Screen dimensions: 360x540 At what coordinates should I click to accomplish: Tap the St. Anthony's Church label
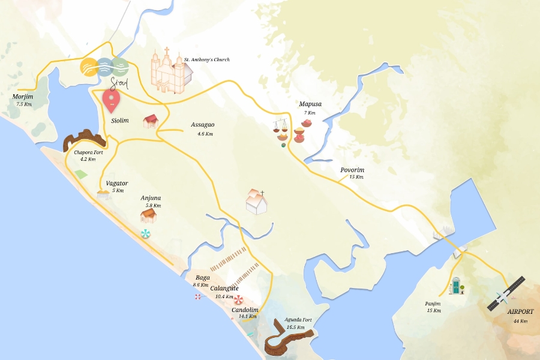(207, 60)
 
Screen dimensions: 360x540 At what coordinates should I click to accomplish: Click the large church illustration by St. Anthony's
(170, 72)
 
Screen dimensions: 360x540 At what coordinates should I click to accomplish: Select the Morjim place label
(23, 97)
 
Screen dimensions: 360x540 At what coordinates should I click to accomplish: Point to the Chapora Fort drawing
(84, 140)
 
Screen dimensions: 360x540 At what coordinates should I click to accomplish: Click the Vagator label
(117, 184)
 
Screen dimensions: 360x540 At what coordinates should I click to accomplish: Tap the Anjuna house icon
(148, 215)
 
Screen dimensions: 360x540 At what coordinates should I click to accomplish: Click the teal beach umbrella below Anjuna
(145, 234)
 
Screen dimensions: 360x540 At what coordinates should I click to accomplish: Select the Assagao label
(203, 125)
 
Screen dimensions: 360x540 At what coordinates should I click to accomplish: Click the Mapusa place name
(310, 104)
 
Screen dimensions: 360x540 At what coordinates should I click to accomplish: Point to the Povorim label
(352, 170)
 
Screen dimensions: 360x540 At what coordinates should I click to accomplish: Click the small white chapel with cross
(256, 202)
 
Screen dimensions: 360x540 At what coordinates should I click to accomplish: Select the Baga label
(203, 278)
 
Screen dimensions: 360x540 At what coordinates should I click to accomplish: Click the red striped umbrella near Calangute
(239, 300)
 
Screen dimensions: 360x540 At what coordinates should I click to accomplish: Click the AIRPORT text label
(520, 312)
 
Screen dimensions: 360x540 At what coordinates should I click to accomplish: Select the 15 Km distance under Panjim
(434, 311)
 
